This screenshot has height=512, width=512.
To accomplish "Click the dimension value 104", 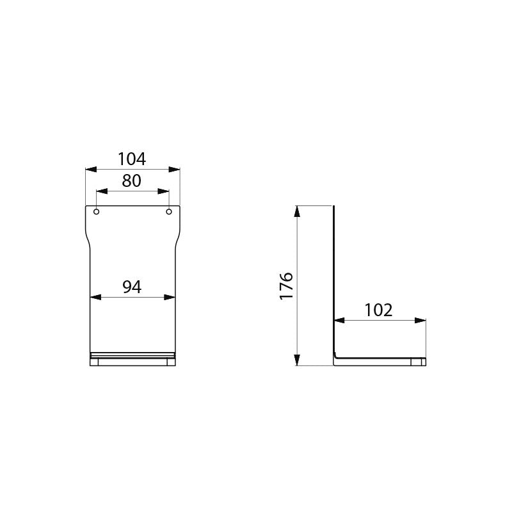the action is pyautogui.click(x=132, y=159).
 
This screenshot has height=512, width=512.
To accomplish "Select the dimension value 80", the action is pyautogui.click(x=132, y=180).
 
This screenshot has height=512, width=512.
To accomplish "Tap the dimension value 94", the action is pyautogui.click(x=132, y=287).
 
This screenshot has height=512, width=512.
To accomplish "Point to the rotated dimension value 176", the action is pyautogui.click(x=286, y=285).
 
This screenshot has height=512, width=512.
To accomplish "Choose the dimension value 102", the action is pyautogui.click(x=378, y=310).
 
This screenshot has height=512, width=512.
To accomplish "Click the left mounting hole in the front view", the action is pyautogui.click(x=97, y=212).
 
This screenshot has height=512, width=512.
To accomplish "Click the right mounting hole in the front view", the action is pyautogui.click(x=169, y=212).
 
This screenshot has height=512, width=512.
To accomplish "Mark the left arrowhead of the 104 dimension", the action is pyautogui.click(x=91, y=170).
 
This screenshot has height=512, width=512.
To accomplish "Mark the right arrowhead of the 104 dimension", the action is pyautogui.click(x=174, y=170).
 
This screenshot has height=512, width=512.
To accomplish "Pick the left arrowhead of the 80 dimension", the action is pyautogui.click(x=102, y=191).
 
